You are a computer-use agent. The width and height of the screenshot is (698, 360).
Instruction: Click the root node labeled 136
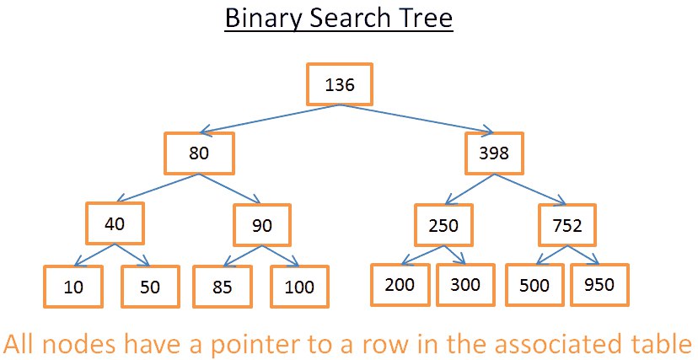339,84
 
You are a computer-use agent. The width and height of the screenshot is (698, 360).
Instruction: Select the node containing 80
199,153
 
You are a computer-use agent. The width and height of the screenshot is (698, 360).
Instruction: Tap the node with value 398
494,153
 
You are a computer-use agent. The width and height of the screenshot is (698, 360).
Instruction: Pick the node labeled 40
115,223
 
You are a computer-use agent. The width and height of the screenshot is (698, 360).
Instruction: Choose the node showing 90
262,225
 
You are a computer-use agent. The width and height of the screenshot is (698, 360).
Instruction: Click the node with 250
443,225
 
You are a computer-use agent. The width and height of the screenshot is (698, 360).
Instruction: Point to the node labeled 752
567,225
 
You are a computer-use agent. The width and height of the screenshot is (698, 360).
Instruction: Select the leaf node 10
73,286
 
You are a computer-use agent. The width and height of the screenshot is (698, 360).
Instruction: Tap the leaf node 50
150,286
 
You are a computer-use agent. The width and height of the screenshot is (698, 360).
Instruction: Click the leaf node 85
223,286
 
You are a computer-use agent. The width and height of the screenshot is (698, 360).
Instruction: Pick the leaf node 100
299,286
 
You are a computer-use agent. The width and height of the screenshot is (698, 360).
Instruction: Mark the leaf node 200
400,285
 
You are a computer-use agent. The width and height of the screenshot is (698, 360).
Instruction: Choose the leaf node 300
465,285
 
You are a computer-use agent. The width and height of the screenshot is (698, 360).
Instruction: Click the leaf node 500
534,285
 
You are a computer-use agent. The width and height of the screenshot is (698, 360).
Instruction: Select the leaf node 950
599,285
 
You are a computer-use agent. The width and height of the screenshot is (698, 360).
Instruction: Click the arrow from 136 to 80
270,119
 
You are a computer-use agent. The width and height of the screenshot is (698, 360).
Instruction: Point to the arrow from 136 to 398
416,119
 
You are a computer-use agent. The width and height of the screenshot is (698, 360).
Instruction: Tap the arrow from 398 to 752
529,189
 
